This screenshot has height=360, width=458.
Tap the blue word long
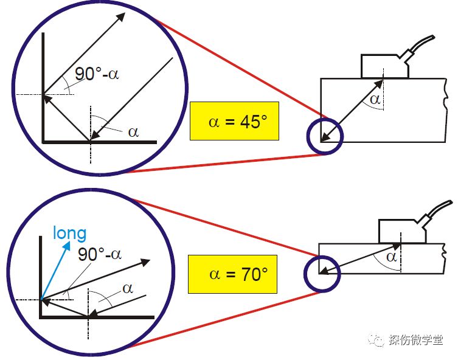pos(69,233)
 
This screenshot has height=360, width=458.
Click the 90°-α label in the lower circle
pos(100,254)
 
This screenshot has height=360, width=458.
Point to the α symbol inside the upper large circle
pos(133,131)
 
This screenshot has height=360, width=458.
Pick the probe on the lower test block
pos(402,230)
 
